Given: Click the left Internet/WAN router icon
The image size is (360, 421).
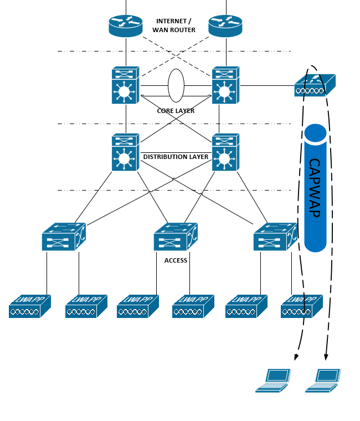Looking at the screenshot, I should tap(126, 25).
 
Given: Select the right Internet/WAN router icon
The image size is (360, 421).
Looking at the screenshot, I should tap(225, 25).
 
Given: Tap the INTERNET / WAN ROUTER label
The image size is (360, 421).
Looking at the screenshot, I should tap(176, 25).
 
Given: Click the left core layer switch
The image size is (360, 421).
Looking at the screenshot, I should tap(125, 85).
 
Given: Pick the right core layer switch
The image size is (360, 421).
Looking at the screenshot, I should tap(225, 85).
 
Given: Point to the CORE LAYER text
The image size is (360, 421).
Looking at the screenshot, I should tap(176, 111).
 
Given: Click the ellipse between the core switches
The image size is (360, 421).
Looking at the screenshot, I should tap(176, 85).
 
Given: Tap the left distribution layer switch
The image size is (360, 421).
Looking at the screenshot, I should tap(125, 152).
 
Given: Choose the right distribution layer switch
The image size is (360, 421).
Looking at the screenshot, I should tap(225, 152).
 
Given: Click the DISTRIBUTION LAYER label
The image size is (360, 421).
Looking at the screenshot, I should tap(176, 157).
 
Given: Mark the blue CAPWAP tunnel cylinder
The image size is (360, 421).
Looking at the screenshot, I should tap(316, 188).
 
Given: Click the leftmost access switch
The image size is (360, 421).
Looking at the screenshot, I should tap(63, 237).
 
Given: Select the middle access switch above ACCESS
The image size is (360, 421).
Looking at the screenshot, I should tap(175, 237).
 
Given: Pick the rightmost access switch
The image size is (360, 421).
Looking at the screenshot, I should tap(275, 237).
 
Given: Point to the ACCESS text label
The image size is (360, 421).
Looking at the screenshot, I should tap(176, 260).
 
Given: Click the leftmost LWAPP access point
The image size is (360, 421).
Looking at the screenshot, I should tap(29, 306).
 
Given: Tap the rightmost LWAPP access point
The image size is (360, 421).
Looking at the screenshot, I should tap(301, 306).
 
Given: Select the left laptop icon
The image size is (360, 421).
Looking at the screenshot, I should tap(273, 380).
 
